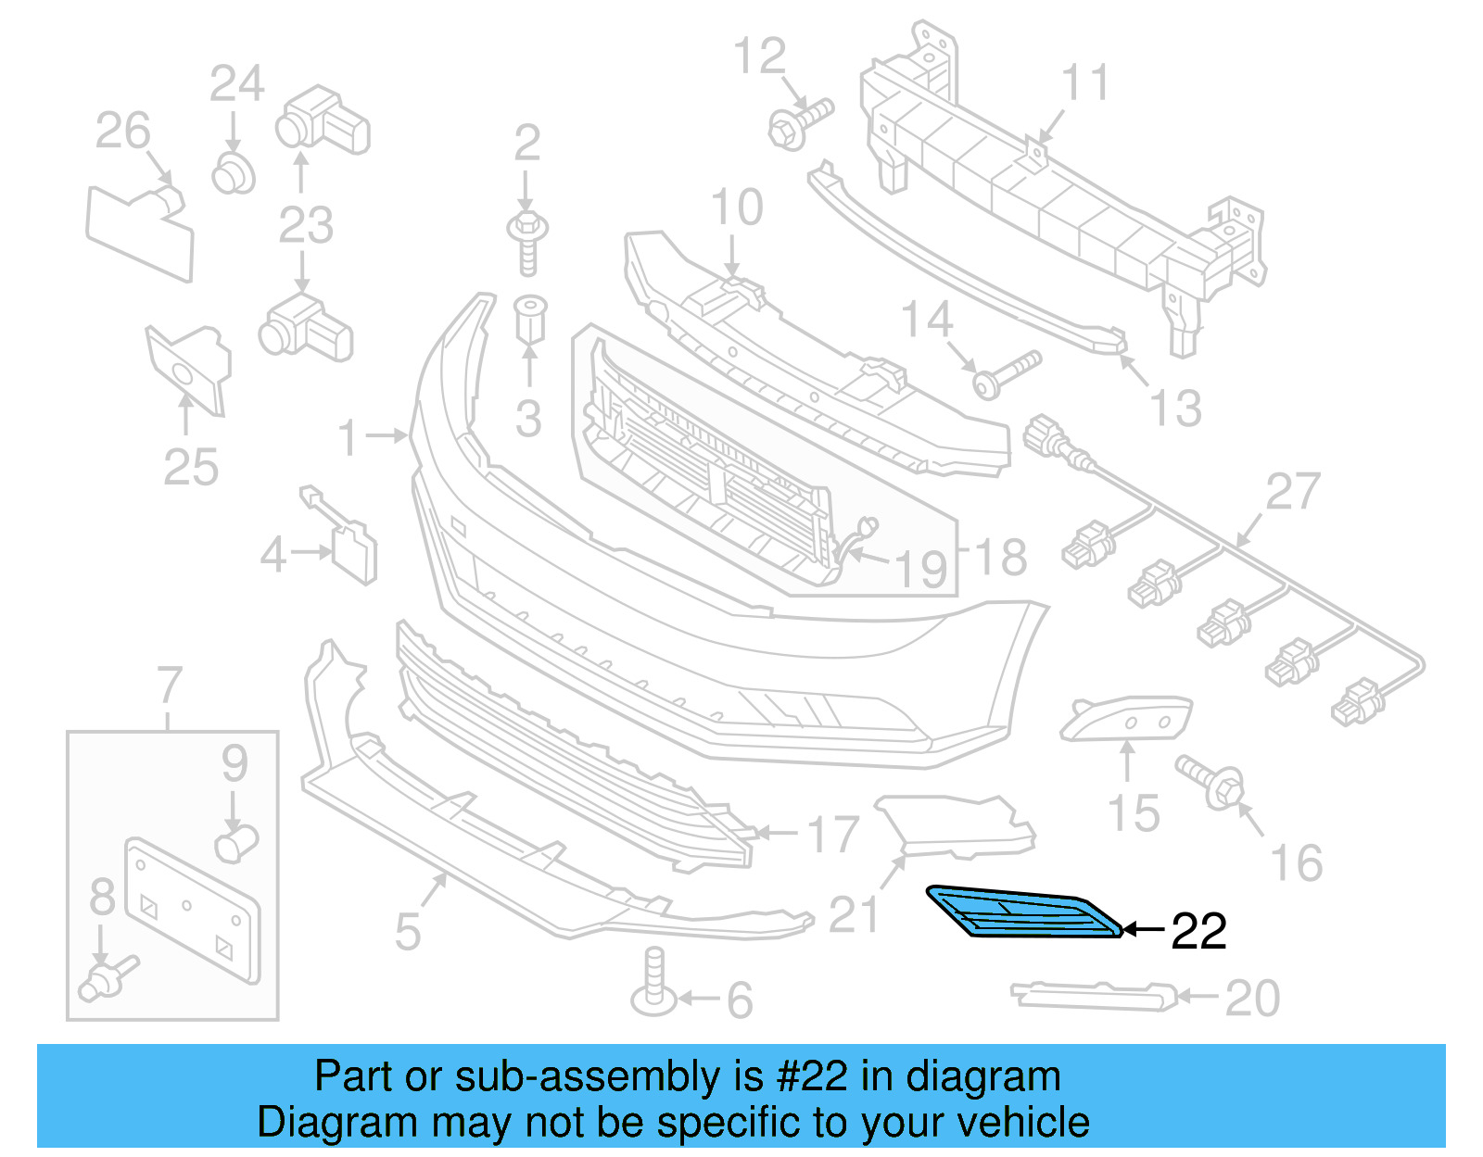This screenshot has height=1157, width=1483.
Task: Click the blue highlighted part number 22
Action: (x=1024, y=912)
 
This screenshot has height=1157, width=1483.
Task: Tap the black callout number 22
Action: (x=1198, y=931)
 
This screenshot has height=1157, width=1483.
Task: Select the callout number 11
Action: (x=1084, y=83)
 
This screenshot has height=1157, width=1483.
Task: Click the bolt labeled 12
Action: (x=799, y=124)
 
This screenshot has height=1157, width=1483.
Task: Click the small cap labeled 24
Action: (x=233, y=173)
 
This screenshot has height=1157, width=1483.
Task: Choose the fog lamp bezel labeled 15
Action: (x=1125, y=718)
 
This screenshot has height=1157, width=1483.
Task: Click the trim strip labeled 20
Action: (x=1094, y=995)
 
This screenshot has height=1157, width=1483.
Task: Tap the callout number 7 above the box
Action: (x=170, y=686)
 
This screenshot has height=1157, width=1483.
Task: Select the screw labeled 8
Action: (x=108, y=978)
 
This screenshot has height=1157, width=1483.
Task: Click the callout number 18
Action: (x=1001, y=558)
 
